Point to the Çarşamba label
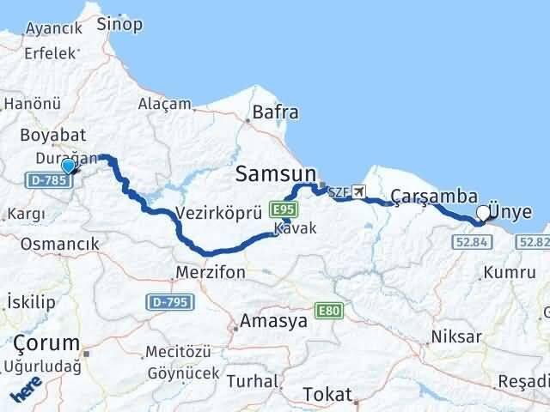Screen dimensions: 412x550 tap(434, 196)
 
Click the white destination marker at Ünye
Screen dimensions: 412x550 tap(484, 214)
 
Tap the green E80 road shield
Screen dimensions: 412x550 tap(327, 310)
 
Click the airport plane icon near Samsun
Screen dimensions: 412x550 tap(358, 192)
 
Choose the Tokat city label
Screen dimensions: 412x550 tap(327, 394)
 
